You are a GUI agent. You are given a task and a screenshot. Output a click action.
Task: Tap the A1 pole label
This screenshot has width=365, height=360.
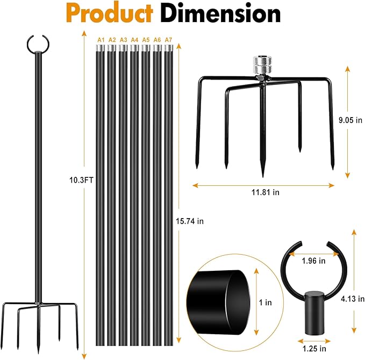click(101, 40)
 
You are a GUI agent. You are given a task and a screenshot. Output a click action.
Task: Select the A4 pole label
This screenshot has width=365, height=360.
click(134, 40)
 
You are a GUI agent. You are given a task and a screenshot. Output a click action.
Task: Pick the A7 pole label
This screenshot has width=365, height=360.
click(168, 40)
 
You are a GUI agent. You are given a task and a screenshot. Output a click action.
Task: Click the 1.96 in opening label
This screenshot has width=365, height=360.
click(313, 261)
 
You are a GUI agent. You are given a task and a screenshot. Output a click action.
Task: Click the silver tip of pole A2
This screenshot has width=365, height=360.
click(112, 48)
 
